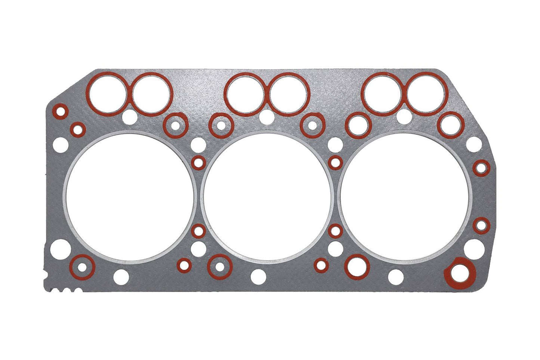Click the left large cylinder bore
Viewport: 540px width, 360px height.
pos(129,197)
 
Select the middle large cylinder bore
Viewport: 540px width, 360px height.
pos(266,197)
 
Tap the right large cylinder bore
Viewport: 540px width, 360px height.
pos(405,197)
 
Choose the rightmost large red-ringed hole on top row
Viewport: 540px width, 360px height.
pos(427,93)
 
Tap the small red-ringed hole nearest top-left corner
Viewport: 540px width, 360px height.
pos(60,111)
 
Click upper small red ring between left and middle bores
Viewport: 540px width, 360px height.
pos(198,163)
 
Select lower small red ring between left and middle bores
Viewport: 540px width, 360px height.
pos(198,231)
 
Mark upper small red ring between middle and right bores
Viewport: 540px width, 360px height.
pos(336,162)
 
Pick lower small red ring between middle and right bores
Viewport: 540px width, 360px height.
pos(336,231)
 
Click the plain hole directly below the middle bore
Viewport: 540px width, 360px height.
pos(259,276)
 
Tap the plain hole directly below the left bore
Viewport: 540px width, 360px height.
pos(121,276)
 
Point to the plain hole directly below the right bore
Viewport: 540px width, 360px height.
pos(396,277)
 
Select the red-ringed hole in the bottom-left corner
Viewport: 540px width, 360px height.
pos(82,267)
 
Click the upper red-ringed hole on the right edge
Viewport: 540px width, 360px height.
pos(481,167)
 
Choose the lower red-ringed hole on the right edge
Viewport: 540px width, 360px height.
pos(481,225)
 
